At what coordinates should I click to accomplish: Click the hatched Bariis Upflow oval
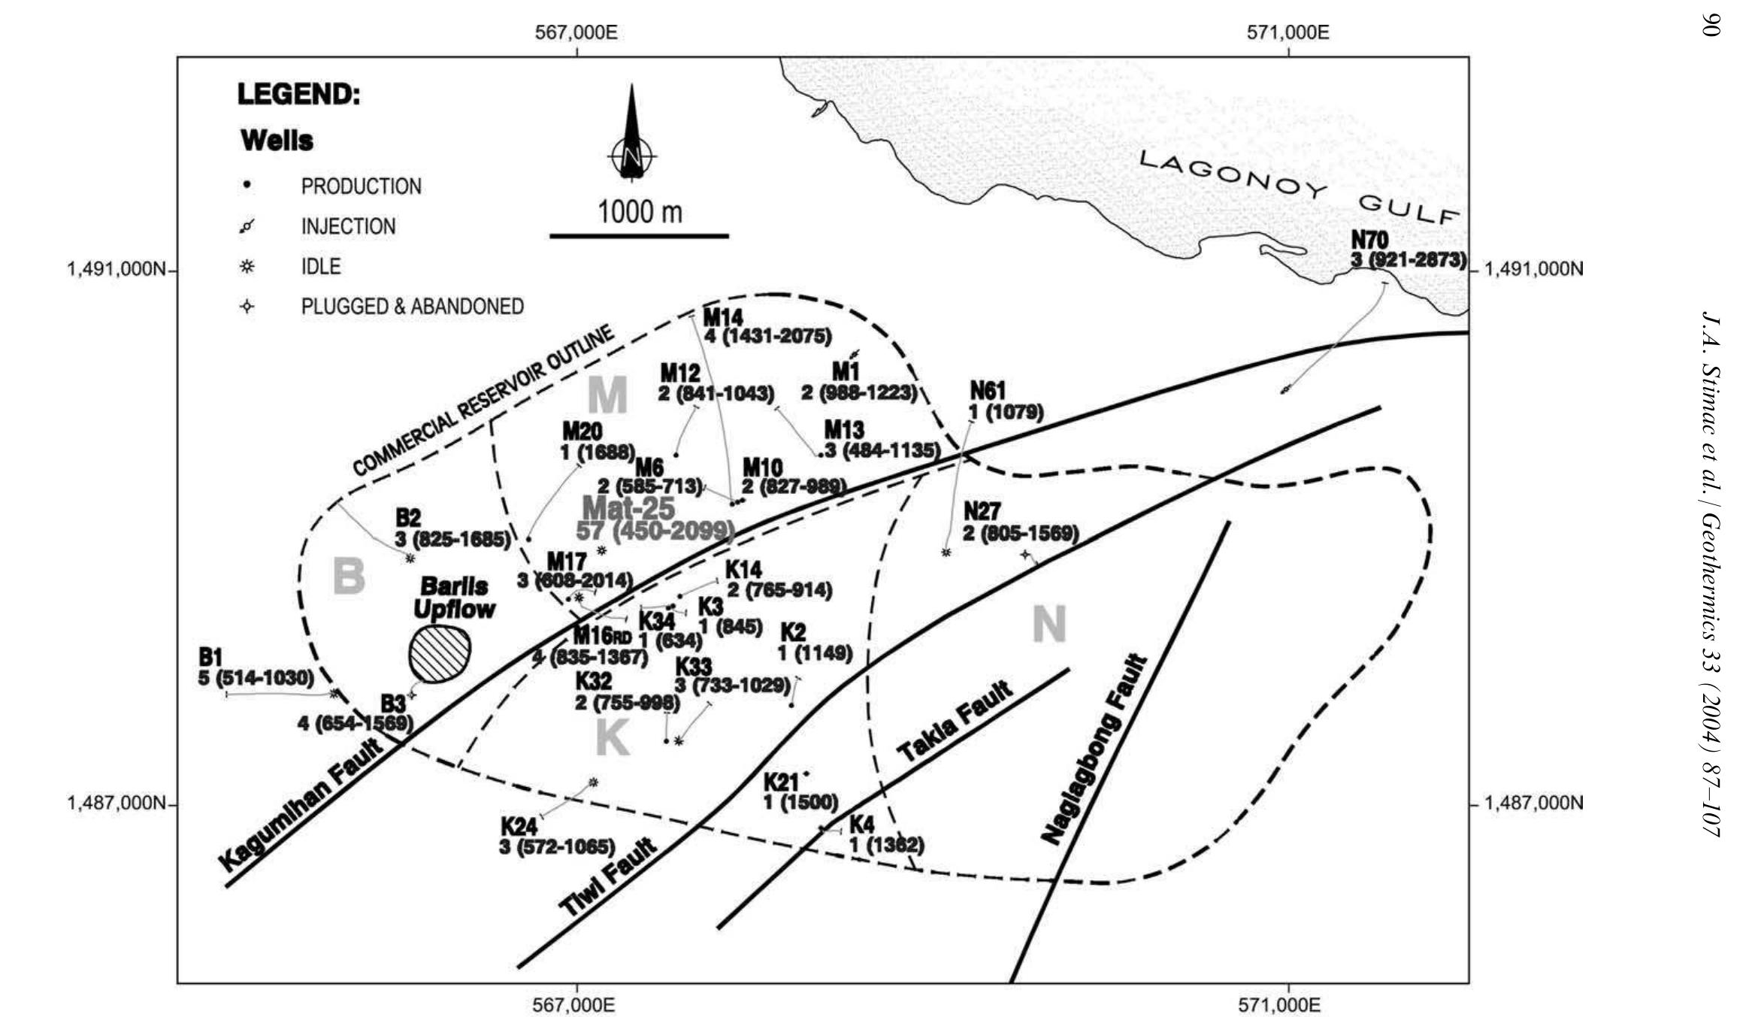(x=440, y=654)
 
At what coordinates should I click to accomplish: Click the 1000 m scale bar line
(x=639, y=236)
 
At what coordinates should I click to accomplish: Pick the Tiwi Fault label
(x=608, y=877)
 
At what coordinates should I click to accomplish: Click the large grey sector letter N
(x=1048, y=625)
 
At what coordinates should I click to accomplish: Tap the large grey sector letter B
(x=349, y=577)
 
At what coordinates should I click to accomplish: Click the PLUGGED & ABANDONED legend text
(x=412, y=307)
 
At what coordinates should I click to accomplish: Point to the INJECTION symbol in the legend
(x=247, y=226)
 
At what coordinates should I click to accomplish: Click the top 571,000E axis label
(x=1288, y=33)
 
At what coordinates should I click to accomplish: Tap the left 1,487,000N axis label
(x=116, y=804)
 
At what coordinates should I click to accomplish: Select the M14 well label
(x=722, y=316)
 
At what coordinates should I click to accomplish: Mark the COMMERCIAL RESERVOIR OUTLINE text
(x=484, y=401)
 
